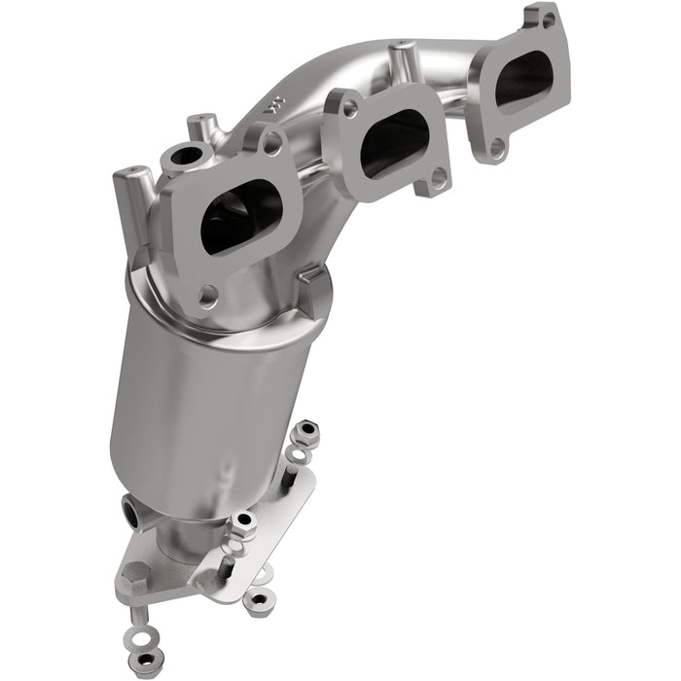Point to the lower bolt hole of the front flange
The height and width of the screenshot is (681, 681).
pos(207,291)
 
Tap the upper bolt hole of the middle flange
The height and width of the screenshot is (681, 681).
pos(349,110)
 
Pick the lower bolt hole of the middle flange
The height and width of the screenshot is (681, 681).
pos(438,177)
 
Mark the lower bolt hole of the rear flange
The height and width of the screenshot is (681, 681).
pos(497,148)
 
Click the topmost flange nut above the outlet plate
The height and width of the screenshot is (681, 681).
pos(306,431)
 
